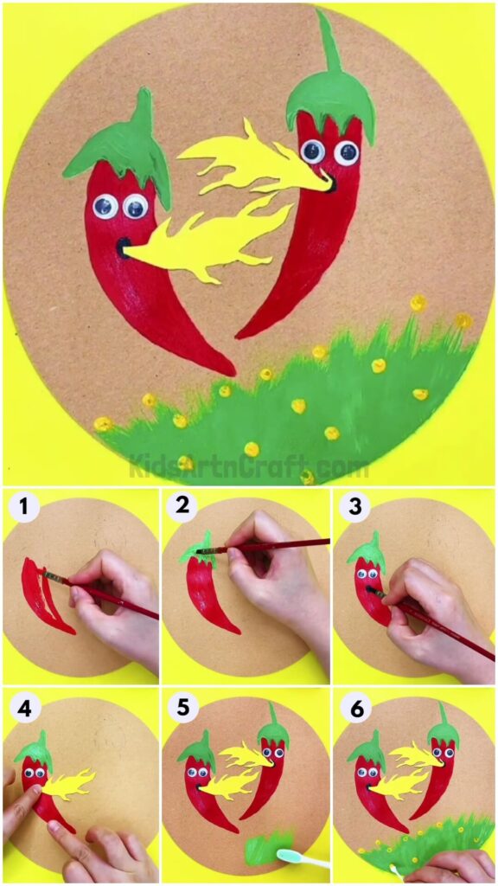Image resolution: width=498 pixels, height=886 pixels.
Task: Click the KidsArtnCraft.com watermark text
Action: (249, 468)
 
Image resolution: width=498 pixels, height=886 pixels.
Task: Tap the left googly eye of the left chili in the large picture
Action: (105, 206)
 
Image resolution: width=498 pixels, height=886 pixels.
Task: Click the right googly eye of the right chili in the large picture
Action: (347, 153)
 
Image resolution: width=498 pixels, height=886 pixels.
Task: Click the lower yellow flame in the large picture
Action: (207, 242)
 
